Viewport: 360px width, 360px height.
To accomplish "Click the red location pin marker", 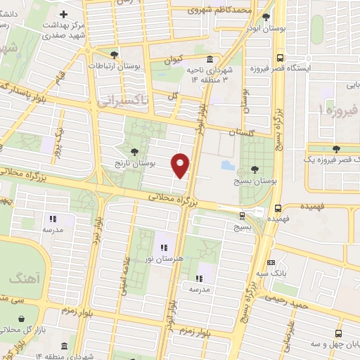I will [181, 165].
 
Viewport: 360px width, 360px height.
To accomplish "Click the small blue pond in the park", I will [228, 165].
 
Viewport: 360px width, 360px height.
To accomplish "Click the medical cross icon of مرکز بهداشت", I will [63, 14].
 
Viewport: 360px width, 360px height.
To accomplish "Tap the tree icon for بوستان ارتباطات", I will [115, 54].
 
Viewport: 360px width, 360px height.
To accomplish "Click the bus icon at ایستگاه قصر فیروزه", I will [280, 58].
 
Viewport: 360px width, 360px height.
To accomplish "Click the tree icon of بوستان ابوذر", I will [265, 17].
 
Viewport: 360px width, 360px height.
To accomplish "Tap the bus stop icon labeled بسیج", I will [243, 215].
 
